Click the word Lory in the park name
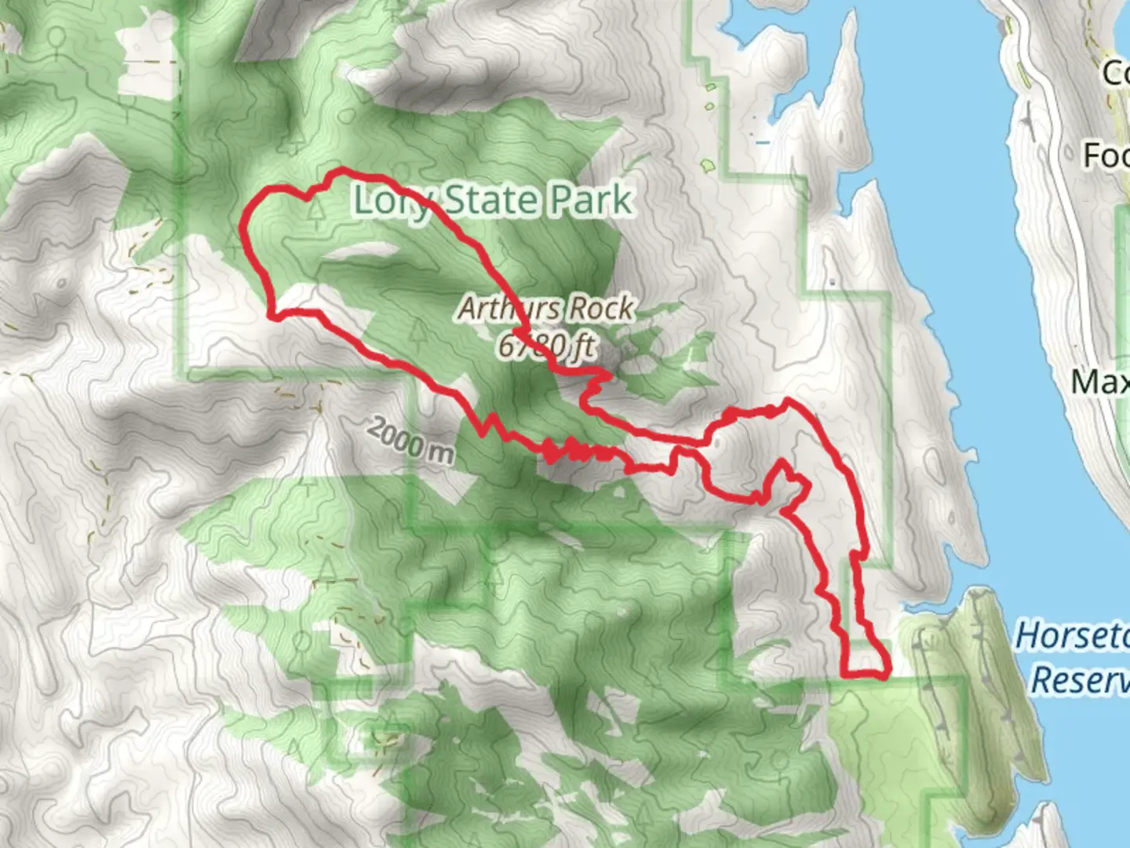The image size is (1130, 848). tap(391, 202)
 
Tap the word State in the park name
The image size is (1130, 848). tap(493, 202)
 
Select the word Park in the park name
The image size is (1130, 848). tap(590, 202)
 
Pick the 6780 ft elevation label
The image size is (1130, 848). tap(546, 345)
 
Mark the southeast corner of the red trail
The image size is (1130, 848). tap(888, 672)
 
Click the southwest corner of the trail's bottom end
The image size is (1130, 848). tap(844, 674)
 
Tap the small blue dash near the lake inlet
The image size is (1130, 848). tap(762, 143)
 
